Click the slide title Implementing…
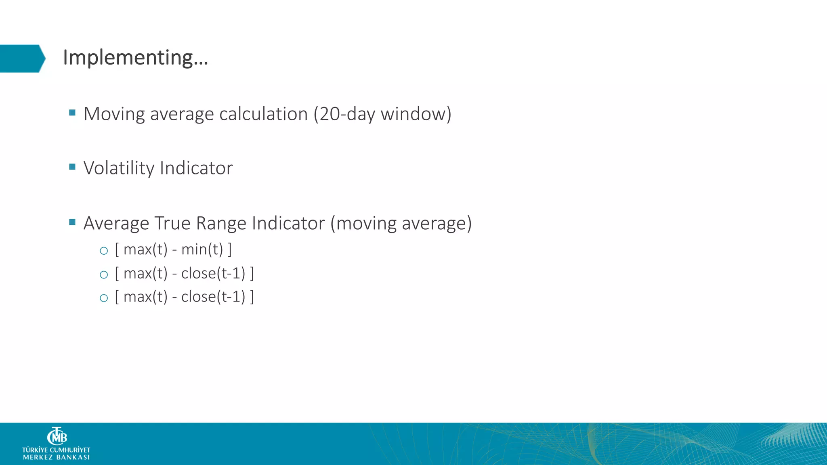tap(135, 58)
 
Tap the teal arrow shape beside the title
tap(22, 59)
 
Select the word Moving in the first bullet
tap(114, 114)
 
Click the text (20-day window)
tap(382, 114)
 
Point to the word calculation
tap(263, 114)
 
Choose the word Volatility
tap(119, 168)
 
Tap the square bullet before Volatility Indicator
tap(73, 167)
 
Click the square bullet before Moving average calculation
tap(73, 113)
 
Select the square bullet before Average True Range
tap(73, 222)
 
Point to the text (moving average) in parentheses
tap(401, 223)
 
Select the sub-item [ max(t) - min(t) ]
tap(173, 249)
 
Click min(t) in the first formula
tap(202, 249)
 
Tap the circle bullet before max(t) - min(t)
tap(104, 251)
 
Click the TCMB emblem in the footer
tap(57, 436)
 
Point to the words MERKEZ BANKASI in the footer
tap(57, 457)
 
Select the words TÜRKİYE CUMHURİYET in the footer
tap(56, 450)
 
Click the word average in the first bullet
tap(182, 114)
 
